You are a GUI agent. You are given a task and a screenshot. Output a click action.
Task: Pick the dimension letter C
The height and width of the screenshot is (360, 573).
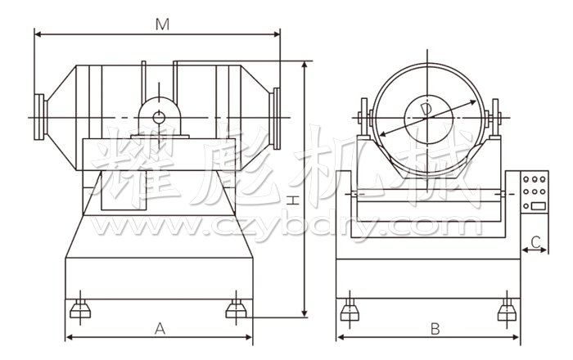click(x=535, y=241)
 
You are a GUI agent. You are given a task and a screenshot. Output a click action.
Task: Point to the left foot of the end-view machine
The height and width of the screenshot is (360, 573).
click(x=350, y=308)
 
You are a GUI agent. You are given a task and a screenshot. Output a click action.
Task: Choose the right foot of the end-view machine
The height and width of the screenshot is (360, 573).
click(x=507, y=308)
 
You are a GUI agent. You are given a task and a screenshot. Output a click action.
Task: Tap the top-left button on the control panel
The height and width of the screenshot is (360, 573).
click(x=528, y=177)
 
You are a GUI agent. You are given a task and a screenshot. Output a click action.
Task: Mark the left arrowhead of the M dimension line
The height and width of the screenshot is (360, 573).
click(x=38, y=34)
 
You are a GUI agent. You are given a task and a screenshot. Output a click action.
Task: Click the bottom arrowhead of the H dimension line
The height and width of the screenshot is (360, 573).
click(x=305, y=314)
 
